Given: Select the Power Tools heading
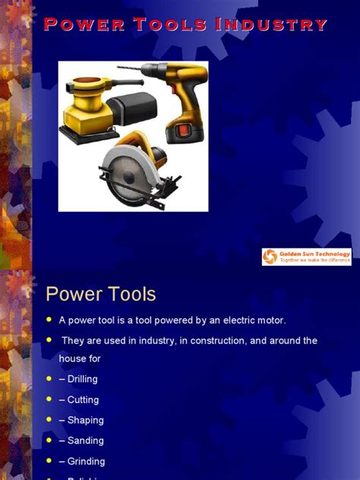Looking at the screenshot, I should (x=100, y=294).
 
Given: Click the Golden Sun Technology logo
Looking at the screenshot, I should (x=307, y=257).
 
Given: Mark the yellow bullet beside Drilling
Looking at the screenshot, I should (x=49, y=378).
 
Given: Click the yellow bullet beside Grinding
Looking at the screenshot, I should (x=49, y=460).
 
